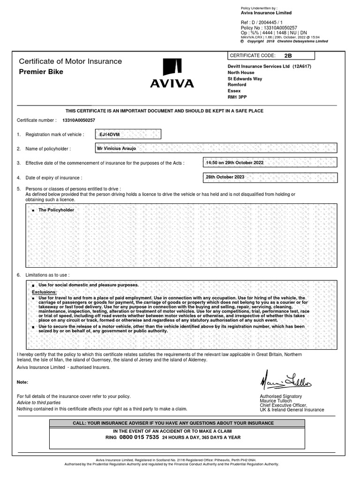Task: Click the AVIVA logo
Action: click(x=172, y=74)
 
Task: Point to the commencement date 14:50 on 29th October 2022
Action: click(x=234, y=163)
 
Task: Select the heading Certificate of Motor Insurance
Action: click(x=70, y=61)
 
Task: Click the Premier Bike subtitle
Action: click(x=41, y=72)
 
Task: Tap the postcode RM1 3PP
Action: click(x=237, y=97)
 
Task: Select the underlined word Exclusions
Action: click(x=44, y=292)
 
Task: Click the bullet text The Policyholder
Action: click(x=56, y=210)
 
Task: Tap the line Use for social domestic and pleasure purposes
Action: click(x=88, y=285)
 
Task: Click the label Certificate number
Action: click(x=37, y=120)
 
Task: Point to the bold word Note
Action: click(x=23, y=382)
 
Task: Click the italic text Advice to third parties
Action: click(x=39, y=403)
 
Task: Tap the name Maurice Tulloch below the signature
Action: click(x=276, y=401)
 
